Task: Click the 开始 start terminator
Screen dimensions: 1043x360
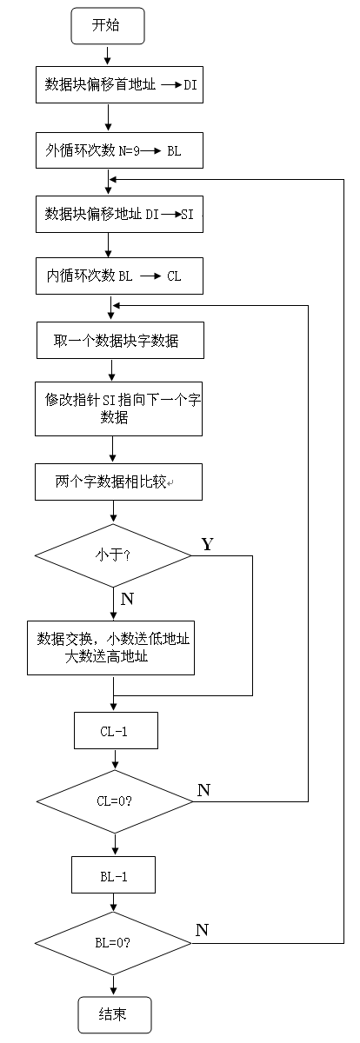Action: click(106, 26)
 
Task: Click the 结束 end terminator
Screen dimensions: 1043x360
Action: click(115, 1014)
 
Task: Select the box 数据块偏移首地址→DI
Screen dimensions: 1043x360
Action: click(119, 85)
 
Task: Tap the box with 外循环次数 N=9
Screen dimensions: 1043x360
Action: click(119, 149)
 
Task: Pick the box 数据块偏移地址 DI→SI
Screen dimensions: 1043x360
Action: click(119, 214)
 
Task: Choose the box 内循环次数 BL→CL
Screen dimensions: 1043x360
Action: click(119, 276)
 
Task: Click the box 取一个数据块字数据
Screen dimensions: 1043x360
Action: click(119, 341)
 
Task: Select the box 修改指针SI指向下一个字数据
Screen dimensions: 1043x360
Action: click(119, 409)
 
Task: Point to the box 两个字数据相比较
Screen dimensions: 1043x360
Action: click(119, 481)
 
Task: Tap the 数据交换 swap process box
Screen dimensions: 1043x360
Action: click(112, 648)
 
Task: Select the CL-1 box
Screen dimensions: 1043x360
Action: click(116, 731)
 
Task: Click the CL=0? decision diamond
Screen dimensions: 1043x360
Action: click(114, 801)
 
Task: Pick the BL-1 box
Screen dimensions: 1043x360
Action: click(114, 875)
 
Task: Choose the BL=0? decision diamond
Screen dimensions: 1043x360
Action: click(114, 943)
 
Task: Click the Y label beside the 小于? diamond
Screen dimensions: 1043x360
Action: click(207, 544)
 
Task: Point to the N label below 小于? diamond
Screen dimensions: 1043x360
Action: click(127, 600)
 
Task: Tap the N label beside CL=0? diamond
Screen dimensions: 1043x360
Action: click(203, 790)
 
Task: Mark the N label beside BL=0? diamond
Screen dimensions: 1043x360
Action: click(202, 930)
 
